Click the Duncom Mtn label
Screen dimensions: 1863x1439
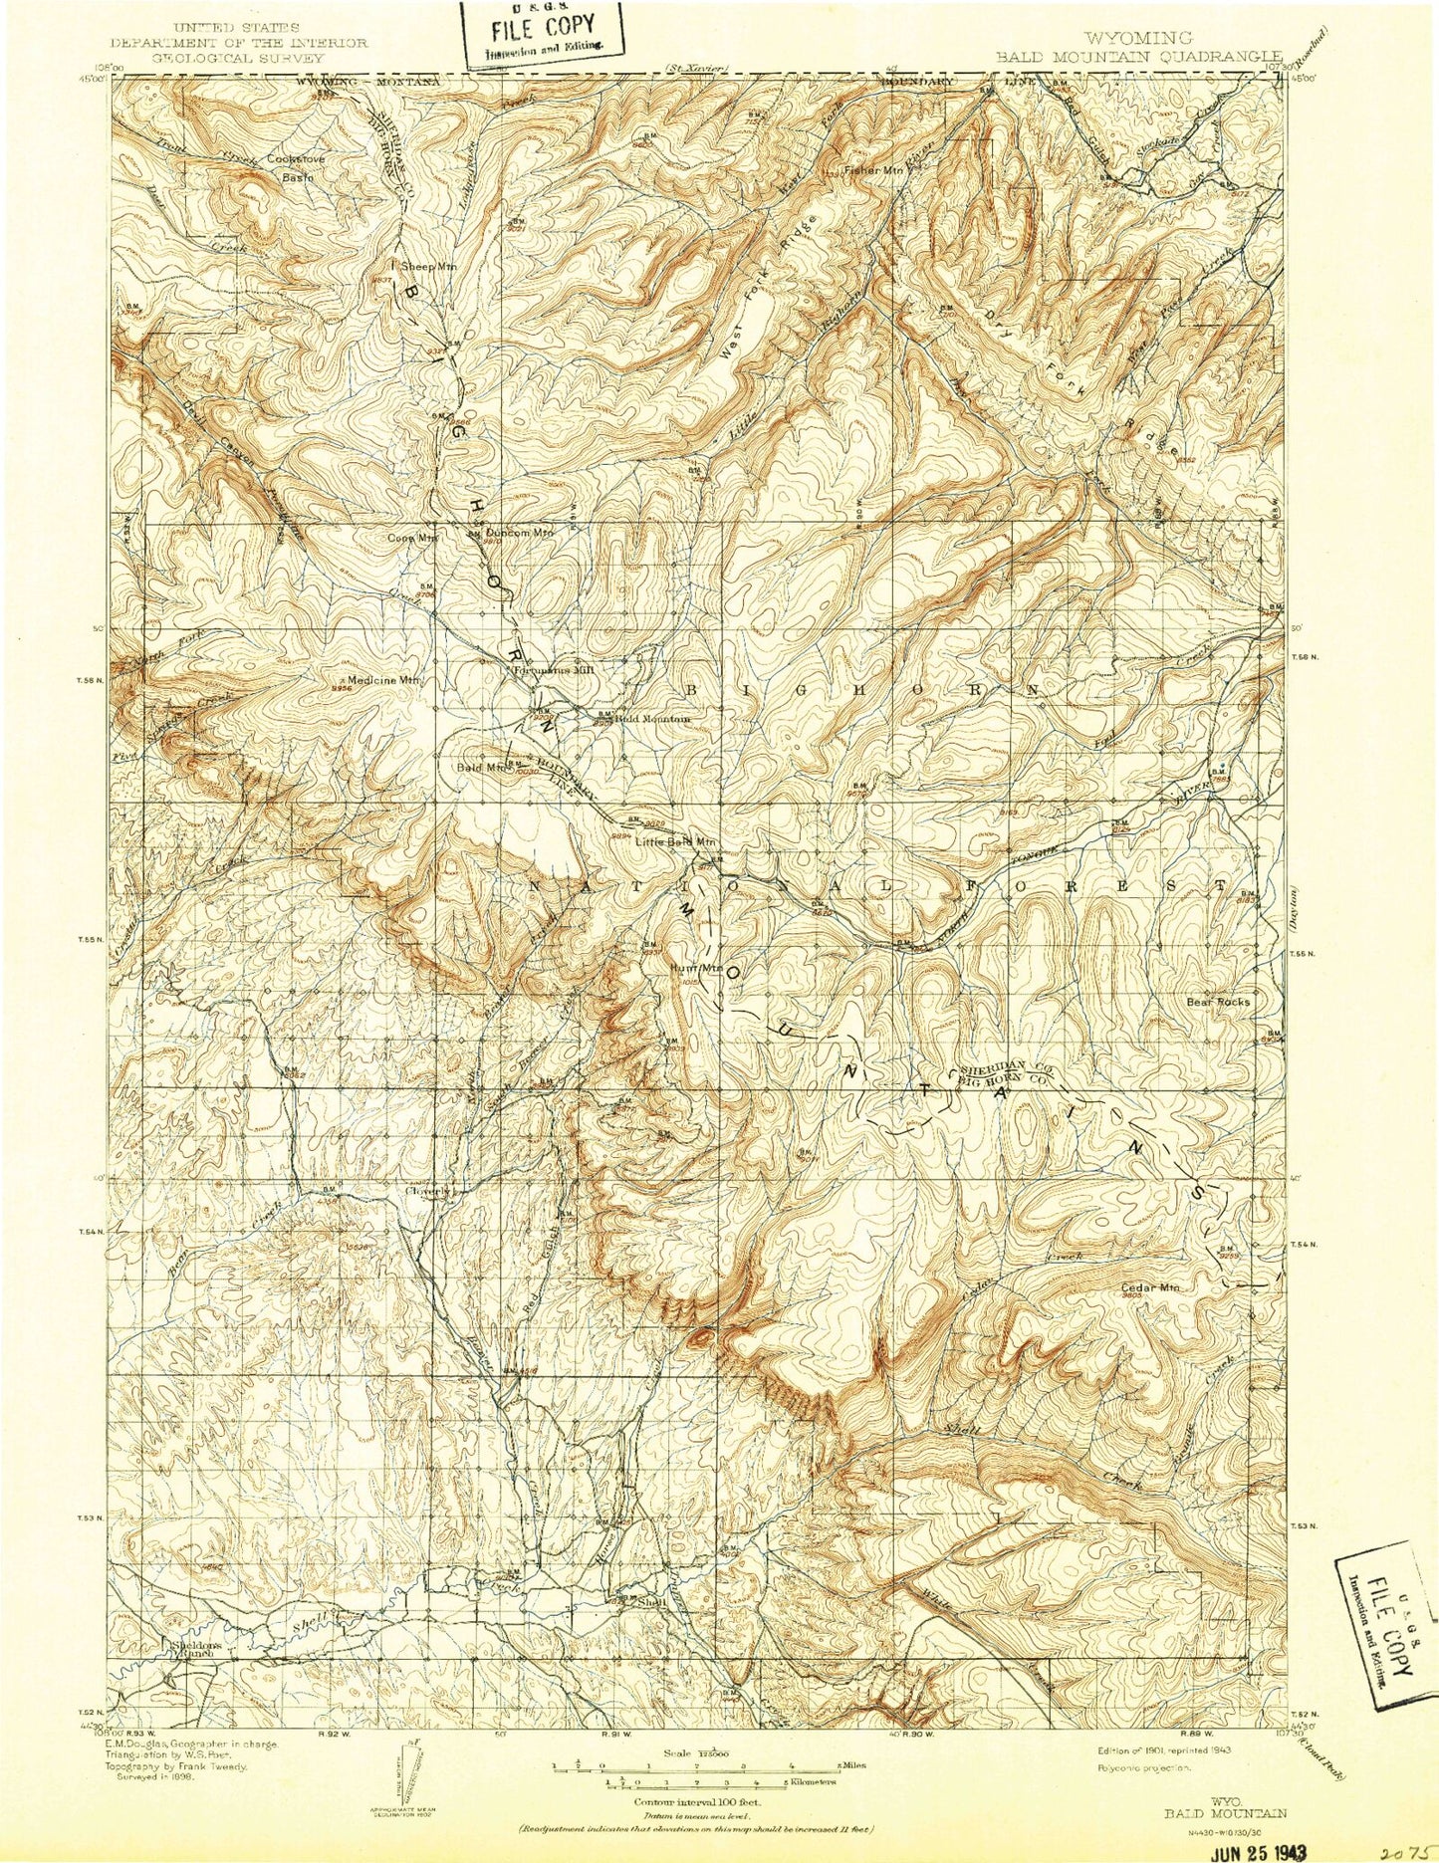[520, 532]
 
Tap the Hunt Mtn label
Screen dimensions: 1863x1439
[695, 967]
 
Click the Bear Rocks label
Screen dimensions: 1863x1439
[1219, 1002]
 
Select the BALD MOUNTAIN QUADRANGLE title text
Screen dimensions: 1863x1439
[1123, 56]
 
